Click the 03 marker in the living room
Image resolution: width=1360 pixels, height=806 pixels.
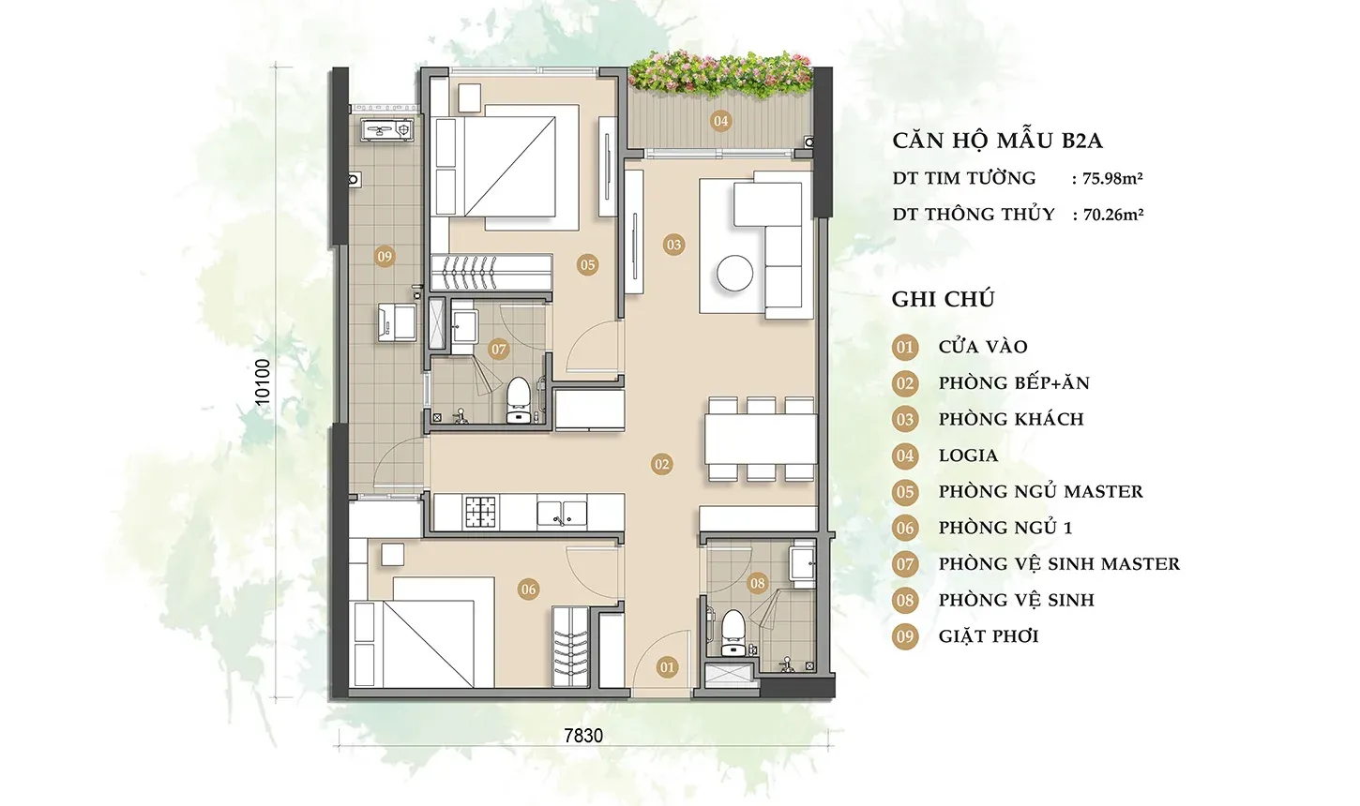(x=673, y=245)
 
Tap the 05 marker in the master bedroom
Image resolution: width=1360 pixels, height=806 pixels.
(x=587, y=264)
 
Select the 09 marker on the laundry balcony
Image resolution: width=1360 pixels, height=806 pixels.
(x=385, y=257)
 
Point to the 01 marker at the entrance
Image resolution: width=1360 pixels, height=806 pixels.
(x=667, y=667)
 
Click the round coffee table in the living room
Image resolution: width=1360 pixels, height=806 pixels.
(x=734, y=273)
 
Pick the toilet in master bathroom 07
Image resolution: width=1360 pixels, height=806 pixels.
(x=518, y=399)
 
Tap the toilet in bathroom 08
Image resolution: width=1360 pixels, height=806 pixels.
(x=733, y=633)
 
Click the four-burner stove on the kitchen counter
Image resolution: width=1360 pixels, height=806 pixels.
(x=481, y=511)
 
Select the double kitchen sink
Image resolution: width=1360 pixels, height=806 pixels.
(x=562, y=513)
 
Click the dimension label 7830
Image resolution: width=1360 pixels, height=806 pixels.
(x=583, y=736)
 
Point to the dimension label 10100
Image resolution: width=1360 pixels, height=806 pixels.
(x=263, y=382)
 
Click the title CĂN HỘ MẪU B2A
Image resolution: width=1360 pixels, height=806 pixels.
(x=998, y=141)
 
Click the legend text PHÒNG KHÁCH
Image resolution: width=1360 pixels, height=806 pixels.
(x=1011, y=419)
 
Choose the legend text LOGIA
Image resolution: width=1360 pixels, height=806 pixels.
(x=968, y=455)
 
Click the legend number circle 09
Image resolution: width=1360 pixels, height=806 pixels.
(x=905, y=636)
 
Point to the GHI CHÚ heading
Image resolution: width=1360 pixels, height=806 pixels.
(x=943, y=300)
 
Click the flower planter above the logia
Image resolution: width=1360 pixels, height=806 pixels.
(x=719, y=74)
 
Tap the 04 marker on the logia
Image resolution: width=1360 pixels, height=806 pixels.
(x=720, y=121)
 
